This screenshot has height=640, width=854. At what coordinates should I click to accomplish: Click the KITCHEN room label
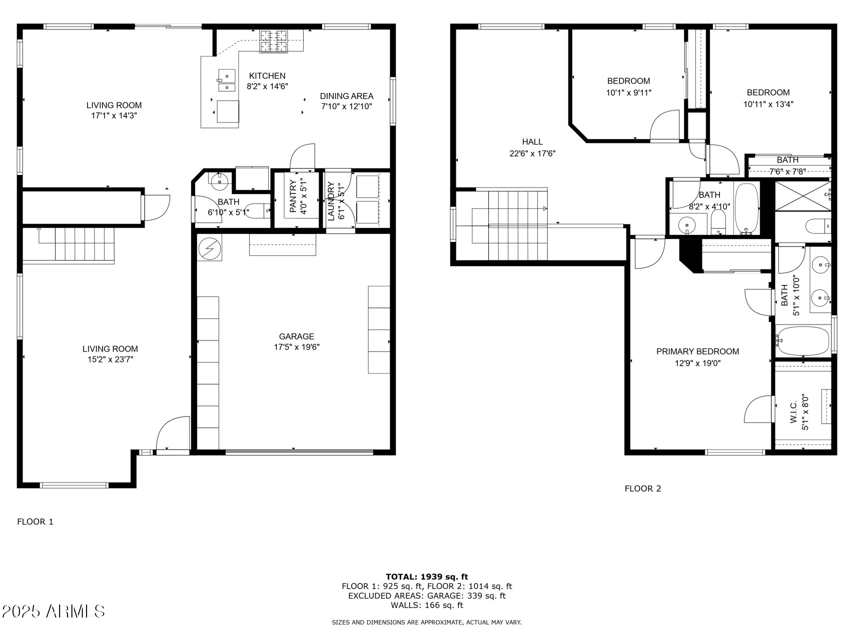[267, 76]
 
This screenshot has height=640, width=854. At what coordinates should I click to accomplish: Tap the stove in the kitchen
[274, 41]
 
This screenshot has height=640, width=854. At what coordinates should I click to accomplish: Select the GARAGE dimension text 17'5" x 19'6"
[297, 347]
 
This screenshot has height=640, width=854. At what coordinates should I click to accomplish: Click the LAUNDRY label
[331, 201]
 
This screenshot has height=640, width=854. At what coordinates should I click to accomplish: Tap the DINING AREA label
[347, 96]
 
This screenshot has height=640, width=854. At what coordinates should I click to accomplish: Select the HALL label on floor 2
[532, 142]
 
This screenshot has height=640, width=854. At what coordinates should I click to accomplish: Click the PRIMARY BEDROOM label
[697, 351]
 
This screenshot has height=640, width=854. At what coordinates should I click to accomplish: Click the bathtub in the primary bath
[802, 341]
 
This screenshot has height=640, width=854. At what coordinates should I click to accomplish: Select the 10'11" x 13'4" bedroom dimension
[768, 104]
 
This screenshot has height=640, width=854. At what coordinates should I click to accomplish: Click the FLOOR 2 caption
[642, 488]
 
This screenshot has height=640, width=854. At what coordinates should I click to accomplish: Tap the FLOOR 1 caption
[35, 522]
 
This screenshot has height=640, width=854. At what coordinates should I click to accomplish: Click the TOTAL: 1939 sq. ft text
[427, 576]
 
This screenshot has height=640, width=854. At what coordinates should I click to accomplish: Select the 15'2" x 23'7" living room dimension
[110, 359]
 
